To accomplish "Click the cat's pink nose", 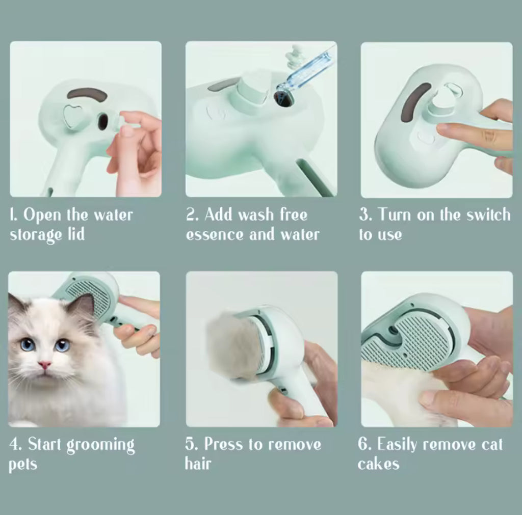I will [45, 365].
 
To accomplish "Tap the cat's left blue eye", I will [28, 344].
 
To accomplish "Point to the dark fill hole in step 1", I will [102, 121].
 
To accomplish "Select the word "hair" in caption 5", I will [198, 464].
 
